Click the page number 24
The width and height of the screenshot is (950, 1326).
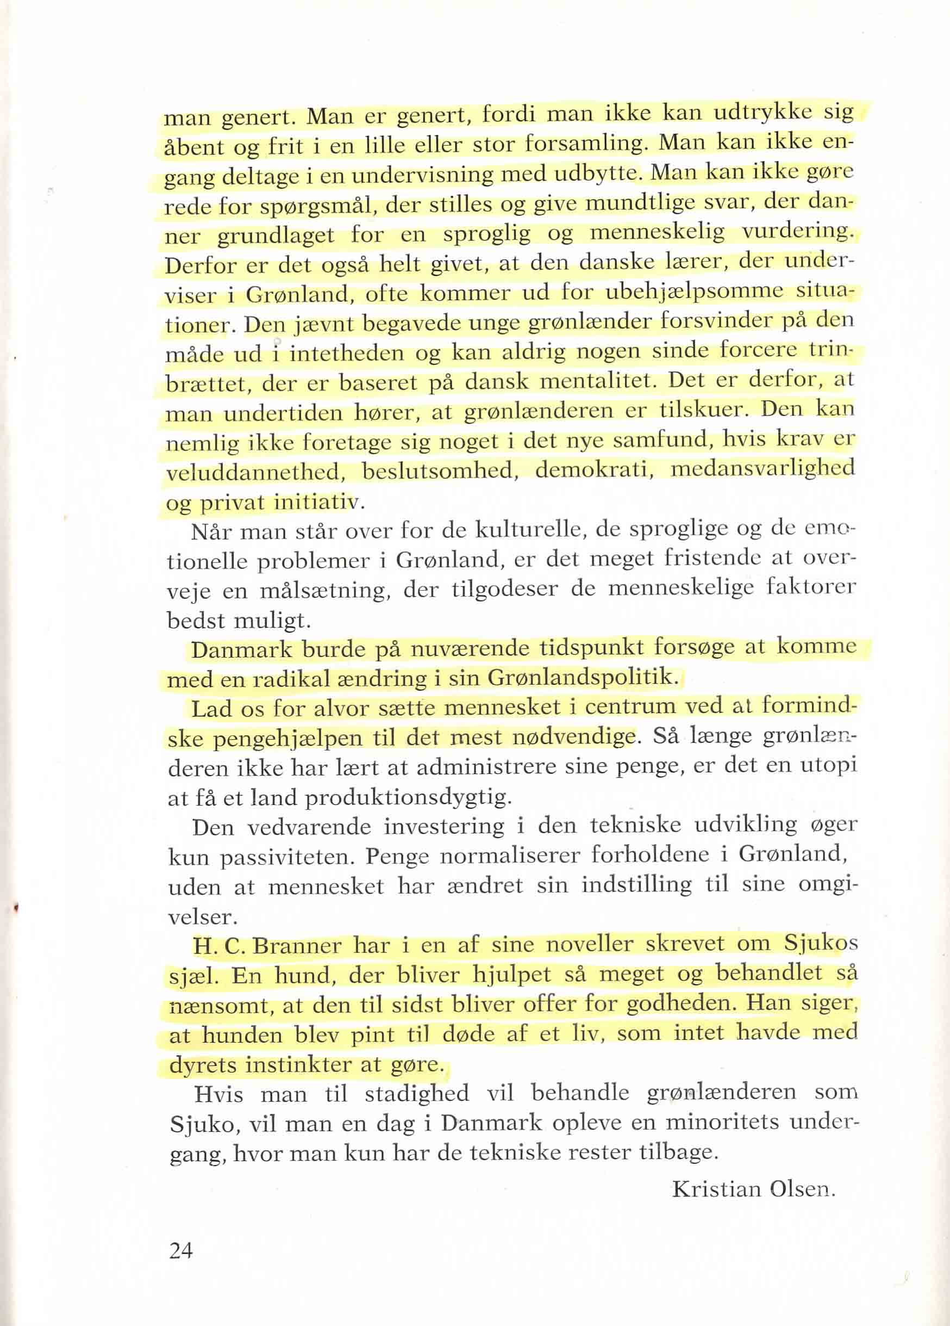click(180, 1250)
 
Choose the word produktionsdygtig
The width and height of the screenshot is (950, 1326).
click(407, 798)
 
